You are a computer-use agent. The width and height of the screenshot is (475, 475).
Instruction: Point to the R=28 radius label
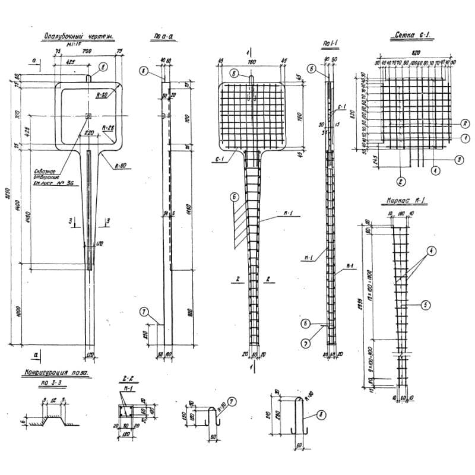[x=107, y=128]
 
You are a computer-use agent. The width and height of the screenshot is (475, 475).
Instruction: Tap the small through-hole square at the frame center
[x=88, y=116]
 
